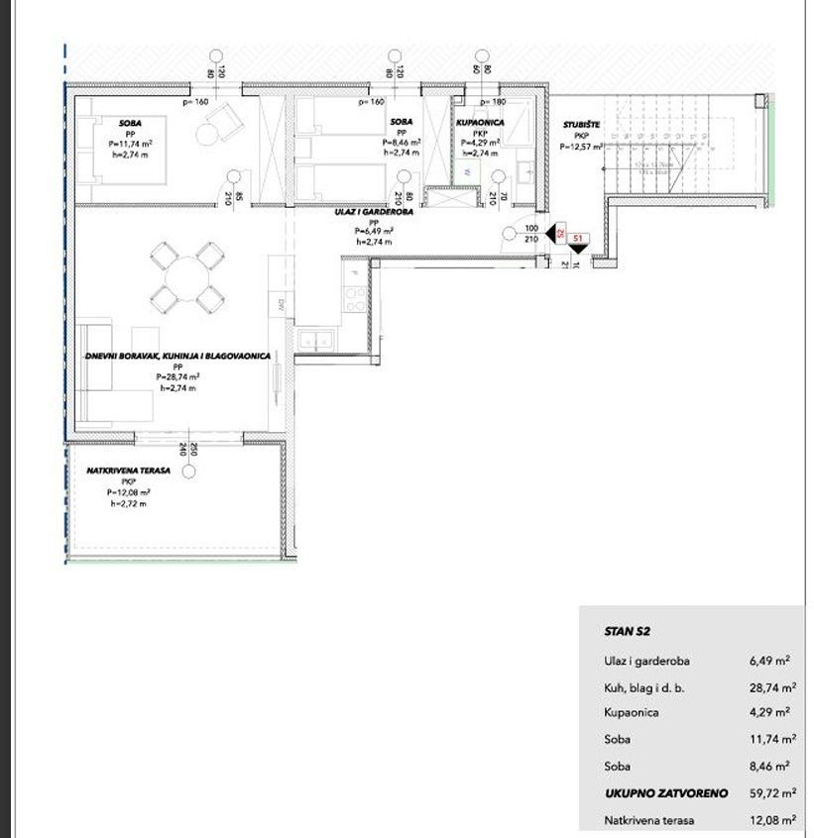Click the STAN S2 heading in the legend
[626, 630]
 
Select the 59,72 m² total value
[769, 793]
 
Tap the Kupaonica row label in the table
[630, 712]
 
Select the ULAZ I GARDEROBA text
[374, 212]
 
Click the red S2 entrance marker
[560, 233]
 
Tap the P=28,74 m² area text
[177, 377]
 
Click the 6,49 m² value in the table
[769, 659]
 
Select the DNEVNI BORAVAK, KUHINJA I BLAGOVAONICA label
[176, 357]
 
